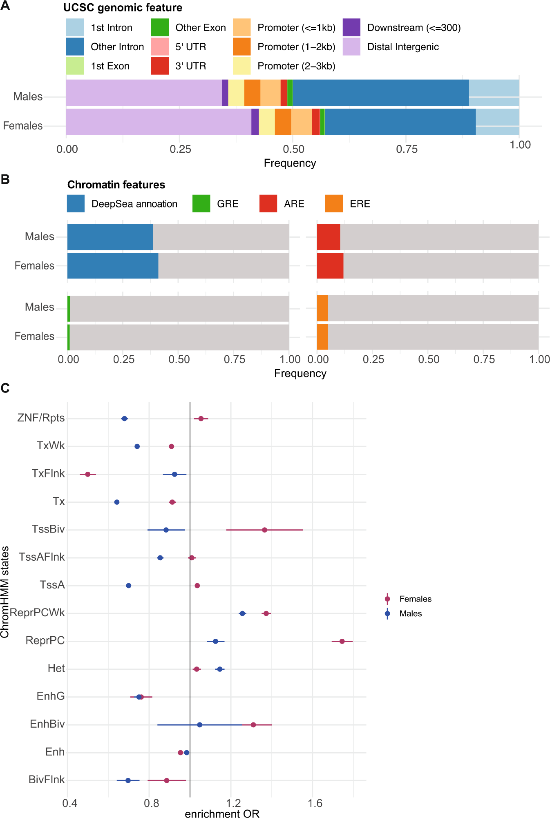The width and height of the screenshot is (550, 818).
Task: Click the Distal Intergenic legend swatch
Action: click(x=351, y=47)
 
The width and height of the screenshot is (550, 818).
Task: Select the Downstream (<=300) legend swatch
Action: click(x=351, y=27)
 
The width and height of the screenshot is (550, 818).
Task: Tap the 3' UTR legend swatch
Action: click(x=160, y=66)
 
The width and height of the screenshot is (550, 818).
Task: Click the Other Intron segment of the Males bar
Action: click(x=380, y=93)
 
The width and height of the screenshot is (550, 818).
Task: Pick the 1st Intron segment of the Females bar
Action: click(x=497, y=122)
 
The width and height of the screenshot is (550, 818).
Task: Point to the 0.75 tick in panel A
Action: click(x=407, y=149)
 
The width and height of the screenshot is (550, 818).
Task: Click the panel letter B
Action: click(x=5, y=179)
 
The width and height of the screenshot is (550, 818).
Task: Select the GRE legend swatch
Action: click(x=201, y=203)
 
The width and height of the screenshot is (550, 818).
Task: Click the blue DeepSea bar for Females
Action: click(x=112, y=265)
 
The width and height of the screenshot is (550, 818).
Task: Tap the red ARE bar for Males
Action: click(x=329, y=237)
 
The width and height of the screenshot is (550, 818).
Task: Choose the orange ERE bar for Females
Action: click(x=322, y=337)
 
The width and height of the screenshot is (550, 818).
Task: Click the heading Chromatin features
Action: click(x=116, y=185)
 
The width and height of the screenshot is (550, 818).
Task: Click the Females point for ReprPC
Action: click(x=342, y=641)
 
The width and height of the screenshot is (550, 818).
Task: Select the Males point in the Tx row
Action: click(x=117, y=502)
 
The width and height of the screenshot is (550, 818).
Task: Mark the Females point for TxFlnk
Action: click(x=87, y=474)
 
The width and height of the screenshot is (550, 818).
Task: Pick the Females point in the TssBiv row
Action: click(x=264, y=530)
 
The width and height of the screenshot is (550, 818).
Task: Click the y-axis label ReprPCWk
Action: click(x=37, y=613)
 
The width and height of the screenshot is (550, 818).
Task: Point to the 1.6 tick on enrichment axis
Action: click(x=315, y=803)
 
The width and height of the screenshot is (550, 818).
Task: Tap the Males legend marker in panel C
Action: click(x=387, y=613)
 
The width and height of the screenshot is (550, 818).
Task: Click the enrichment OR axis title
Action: click(x=222, y=814)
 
